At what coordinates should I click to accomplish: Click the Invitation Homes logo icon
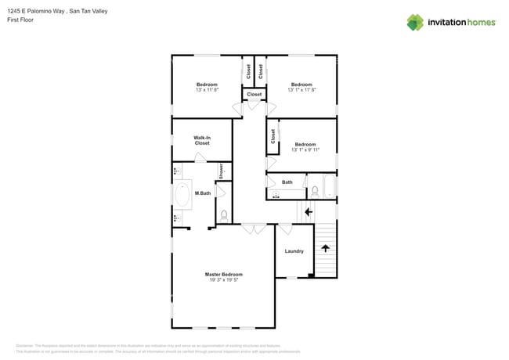(415, 22)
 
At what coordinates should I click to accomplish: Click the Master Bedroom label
(223, 274)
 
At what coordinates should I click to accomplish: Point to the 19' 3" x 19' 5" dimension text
(223, 280)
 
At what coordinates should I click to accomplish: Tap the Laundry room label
(294, 251)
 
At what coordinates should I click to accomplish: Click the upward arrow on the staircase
(325, 249)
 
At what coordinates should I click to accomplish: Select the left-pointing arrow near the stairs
(308, 211)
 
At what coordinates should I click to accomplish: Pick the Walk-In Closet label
(202, 140)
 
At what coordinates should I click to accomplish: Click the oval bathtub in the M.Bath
(182, 194)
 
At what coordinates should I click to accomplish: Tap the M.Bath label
(203, 193)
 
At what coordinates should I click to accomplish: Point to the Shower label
(222, 171)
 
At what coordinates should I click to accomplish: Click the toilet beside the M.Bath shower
(224, 214)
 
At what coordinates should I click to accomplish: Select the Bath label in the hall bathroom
(287, 182)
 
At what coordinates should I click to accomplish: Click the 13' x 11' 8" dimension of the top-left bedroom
(207, 90)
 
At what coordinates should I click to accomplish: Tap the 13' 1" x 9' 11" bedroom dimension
(305, 149)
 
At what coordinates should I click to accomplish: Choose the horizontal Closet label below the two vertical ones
(254, 95)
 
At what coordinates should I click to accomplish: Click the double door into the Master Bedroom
(254, 229)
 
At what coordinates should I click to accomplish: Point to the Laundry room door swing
(286, 229)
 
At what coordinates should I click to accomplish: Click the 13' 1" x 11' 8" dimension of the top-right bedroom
(302, 90)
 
